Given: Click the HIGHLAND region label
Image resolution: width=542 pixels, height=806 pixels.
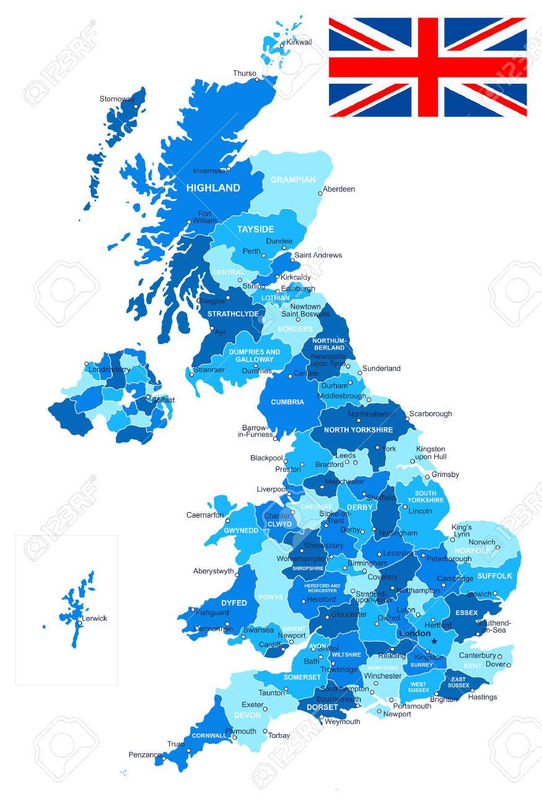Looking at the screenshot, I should (213, 187).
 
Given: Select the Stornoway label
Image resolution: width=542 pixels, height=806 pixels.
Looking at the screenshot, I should (118, 99).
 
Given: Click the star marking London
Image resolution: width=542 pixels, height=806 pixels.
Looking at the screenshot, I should (434, 641).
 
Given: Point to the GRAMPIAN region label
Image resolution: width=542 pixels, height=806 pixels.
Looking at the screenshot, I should (293, 180).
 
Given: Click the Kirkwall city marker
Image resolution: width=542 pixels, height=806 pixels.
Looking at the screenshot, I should (282, 45).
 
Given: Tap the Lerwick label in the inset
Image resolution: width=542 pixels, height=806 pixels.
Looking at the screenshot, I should (94, 618).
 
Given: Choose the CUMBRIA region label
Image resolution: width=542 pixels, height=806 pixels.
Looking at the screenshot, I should (287, 402).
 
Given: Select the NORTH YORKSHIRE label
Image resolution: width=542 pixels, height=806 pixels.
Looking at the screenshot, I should (358, 430).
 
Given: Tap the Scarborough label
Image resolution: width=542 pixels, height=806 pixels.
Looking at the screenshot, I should (431, 414).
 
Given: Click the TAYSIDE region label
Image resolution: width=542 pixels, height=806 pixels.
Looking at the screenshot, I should (255, 229).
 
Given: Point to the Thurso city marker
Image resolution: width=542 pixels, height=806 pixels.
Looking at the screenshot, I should (257, 79).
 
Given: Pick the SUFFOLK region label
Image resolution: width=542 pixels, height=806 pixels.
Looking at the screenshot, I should (494, 576).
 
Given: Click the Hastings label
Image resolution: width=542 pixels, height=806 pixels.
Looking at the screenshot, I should (483, 697).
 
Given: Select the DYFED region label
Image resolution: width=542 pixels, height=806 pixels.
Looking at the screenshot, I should (234, 603).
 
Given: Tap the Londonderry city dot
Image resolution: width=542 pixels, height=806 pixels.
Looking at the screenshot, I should (87, 364).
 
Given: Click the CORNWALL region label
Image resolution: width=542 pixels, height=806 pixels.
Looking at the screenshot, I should (209, 736).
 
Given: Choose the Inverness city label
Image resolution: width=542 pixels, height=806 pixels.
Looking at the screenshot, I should (209, 170).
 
